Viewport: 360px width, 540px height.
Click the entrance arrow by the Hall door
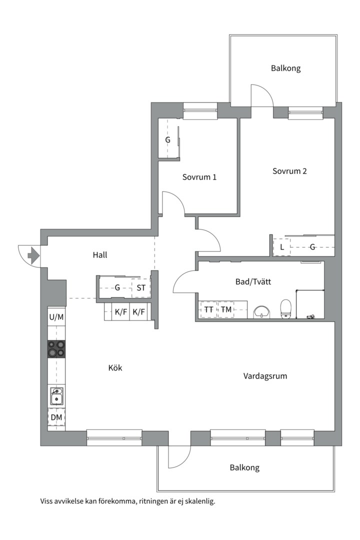click(33, 256)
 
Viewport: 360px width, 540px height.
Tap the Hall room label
click(100, 255)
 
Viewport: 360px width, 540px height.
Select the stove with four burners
click(56, 348)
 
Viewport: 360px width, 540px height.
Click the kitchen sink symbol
click(56, 396)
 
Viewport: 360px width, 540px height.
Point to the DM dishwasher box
click(56, 417)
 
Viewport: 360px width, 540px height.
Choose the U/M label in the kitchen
click(56, 317)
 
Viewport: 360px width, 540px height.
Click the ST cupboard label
click(141, 288)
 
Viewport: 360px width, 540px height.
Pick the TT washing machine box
click(208, 310)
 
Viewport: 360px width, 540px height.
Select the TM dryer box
click(226, 310)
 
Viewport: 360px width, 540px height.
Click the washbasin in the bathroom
click(262, 312)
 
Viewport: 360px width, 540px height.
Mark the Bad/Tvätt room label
click(253, 282)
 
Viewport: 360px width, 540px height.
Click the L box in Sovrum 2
click(282, 247)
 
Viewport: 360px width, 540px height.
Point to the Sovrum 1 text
click(199, 177)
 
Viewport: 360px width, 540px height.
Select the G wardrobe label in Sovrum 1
click(168, 140)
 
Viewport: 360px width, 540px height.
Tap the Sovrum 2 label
click(289, 171)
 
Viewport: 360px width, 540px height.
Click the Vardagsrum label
click(265, 376)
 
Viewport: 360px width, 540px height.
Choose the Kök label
click(115, 368)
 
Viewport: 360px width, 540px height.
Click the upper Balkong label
click(285, 68)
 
